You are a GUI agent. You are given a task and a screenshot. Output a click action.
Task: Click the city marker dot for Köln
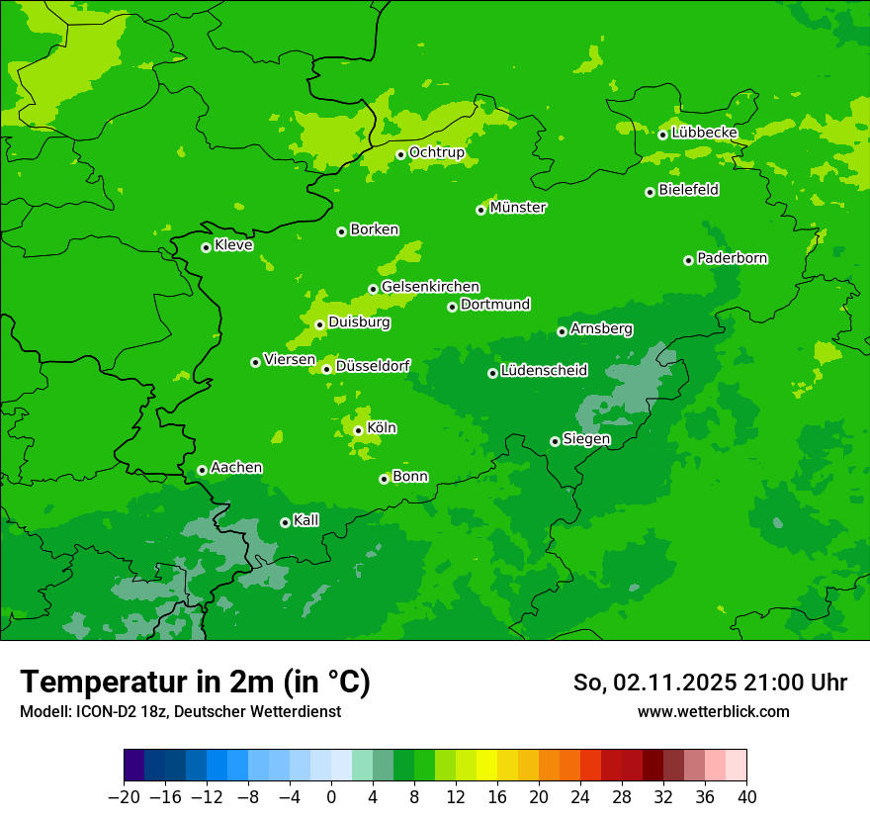point(358,430)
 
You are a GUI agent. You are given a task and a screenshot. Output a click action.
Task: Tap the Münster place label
point(518,208)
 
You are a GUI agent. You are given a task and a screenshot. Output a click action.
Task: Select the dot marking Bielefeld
point(650,192)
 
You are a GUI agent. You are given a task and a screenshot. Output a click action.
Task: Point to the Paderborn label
point(733,258)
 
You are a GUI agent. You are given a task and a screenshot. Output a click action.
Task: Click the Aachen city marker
point(202,470)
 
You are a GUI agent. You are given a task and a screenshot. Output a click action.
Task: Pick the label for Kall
point(306,520)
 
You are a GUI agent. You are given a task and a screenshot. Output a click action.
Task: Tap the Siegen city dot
point(555,441)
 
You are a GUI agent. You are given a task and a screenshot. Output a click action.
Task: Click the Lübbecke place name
point(704,133)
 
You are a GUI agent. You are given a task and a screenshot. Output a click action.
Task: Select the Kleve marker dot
point(206,247)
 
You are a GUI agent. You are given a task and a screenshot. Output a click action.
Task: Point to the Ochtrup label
point(437,152)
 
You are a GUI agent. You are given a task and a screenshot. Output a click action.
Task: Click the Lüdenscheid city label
point(545,371)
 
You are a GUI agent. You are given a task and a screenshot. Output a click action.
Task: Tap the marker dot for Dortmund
point(452,307)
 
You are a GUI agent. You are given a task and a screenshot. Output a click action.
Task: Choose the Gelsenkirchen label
point(430,287)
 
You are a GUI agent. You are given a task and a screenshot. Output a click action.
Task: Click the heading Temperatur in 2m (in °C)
point(196,682)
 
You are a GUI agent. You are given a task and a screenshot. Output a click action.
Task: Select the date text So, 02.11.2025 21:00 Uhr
point(710,683)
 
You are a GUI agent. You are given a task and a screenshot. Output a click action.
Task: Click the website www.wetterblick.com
point(713,711)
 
